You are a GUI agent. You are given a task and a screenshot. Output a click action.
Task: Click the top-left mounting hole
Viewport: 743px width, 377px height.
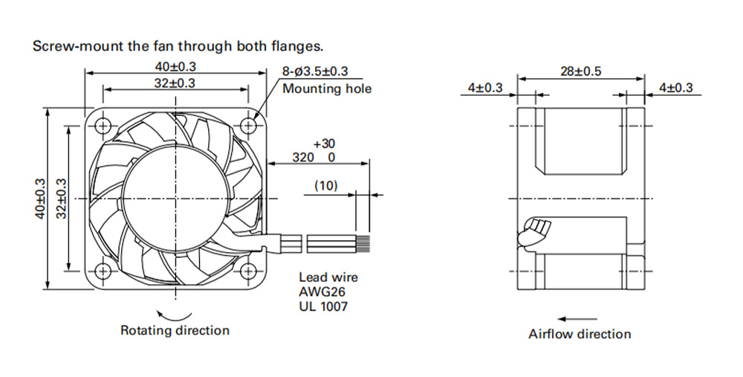click(103, 126)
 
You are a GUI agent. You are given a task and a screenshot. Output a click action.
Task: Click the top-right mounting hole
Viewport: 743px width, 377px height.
click(248, 126)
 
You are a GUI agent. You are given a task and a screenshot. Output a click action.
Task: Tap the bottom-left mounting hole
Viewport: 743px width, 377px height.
click(103, 271)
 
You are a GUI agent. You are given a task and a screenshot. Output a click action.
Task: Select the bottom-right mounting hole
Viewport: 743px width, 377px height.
click(248, 271)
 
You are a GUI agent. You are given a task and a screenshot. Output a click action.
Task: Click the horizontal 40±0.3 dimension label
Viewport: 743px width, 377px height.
click(175, 66)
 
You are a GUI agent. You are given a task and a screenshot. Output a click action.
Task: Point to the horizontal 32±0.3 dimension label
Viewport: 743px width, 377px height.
click(175, 83)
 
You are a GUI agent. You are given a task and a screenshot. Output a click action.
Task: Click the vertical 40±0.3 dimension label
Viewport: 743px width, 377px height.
click(40, 199)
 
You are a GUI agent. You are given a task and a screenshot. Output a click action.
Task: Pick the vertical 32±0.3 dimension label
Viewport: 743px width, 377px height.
click(61, 199)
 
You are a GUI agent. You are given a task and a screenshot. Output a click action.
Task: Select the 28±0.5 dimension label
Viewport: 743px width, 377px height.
click(580, 71)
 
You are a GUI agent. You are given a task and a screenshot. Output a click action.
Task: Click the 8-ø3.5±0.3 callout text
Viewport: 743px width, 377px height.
click(315, 71)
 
